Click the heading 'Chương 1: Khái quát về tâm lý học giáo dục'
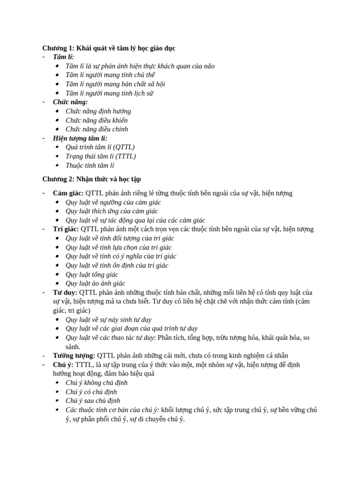[109, 48]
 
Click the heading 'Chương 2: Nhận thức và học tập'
[91, 179]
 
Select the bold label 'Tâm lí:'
[63, 57]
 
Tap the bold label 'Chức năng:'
[70, 102]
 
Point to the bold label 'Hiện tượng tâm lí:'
[80, 138]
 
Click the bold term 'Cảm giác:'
[68, 193]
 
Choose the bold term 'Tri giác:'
[66, 229]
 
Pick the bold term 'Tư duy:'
[65, 292]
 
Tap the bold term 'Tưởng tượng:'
[74, 356]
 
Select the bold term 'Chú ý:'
[63, 365]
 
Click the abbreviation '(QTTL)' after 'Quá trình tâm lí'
[124, 147]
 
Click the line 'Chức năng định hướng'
[98, 111]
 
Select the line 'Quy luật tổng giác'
[92, 275]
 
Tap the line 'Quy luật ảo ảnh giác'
[95, 284]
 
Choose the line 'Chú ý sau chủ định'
[93, 401]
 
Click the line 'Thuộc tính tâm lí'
[90, 165]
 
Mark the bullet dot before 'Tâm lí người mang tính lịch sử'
[57, 93]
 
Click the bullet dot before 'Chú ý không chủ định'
[57, 383]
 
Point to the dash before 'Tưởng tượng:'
[44, 356]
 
